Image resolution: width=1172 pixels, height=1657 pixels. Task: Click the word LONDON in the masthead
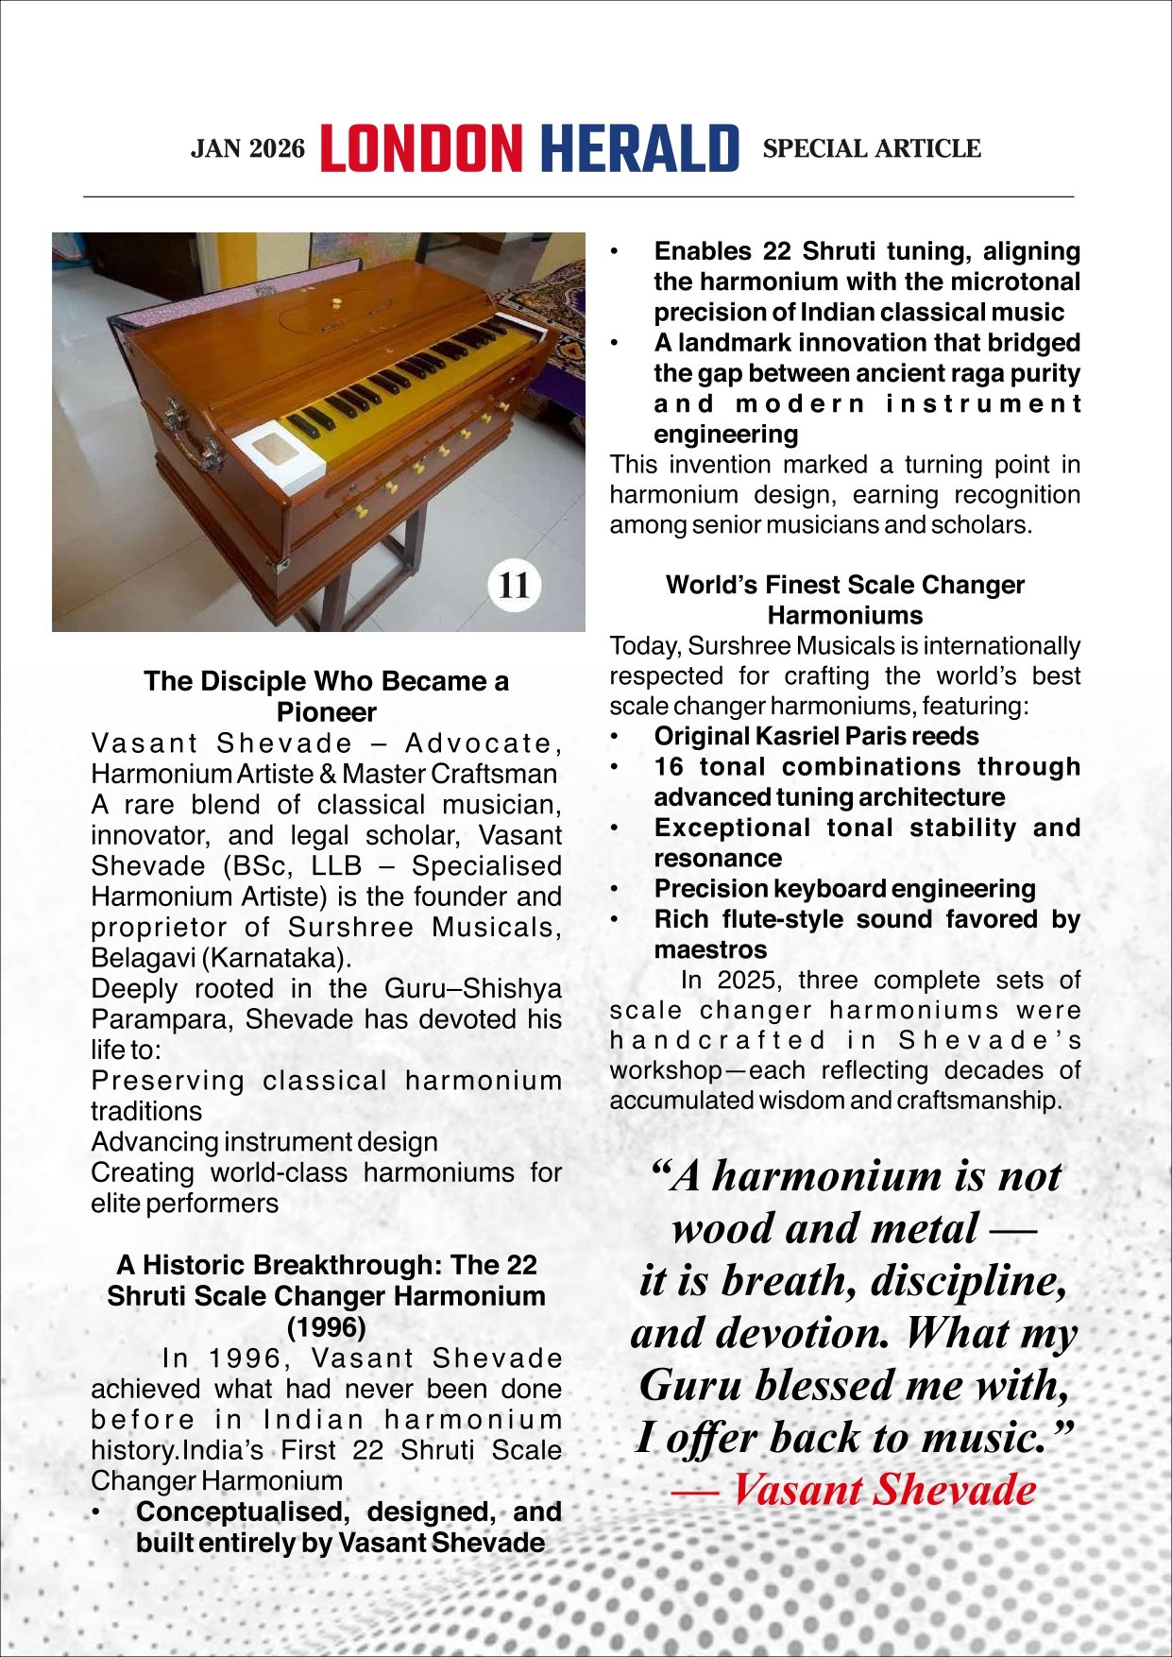[421, 149]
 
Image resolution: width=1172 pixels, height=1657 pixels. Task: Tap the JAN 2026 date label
[248, 149]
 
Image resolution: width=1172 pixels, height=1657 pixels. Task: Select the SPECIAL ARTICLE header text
[871, 148]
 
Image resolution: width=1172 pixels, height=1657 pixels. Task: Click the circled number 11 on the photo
[514, 585]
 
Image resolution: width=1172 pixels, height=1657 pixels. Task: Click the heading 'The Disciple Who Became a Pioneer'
[326, 696]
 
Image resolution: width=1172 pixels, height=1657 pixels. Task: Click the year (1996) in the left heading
[326, 1326]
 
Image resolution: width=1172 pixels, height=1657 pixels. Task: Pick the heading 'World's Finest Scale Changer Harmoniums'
[844, 600]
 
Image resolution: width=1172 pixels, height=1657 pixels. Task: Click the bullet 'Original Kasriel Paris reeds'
[816, 736]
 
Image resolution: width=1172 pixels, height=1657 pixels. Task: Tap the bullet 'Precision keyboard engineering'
[844, 889]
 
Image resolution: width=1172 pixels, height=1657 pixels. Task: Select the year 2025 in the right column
[743, 980]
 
